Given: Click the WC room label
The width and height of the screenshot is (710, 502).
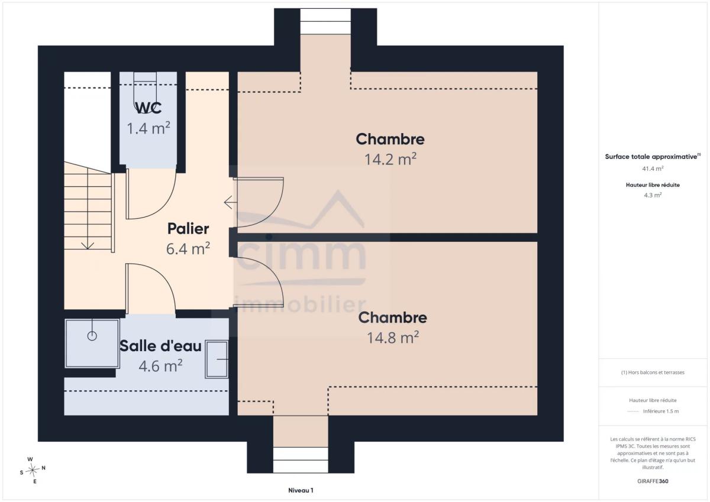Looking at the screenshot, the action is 149,108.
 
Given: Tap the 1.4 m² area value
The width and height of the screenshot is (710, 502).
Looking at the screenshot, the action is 149,128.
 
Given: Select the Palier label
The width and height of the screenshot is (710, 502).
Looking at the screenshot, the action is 188,229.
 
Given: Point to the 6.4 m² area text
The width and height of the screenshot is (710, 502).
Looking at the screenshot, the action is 188,248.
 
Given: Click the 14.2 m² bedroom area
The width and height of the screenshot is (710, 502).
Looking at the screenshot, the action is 390,159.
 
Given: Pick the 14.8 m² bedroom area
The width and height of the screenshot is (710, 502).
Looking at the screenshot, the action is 393,338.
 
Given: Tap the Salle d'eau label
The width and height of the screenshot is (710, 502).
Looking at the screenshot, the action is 160,346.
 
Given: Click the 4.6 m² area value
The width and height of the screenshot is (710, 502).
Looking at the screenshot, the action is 160,366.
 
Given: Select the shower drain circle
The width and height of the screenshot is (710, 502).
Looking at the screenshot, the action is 92,336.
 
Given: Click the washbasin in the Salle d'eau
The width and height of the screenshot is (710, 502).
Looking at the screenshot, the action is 217,359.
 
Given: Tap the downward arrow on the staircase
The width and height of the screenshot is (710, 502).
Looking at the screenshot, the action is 88,246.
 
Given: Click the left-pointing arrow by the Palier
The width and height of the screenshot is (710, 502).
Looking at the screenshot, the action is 230,202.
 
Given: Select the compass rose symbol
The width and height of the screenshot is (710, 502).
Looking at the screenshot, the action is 33,470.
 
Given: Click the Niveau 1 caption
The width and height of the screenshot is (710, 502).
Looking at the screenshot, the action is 301,490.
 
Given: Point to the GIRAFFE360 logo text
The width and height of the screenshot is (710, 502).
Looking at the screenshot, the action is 653,481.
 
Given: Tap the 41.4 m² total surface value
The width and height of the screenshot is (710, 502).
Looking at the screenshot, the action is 653,169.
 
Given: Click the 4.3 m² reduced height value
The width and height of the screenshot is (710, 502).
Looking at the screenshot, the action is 653,195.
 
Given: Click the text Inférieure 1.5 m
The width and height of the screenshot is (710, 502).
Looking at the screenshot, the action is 661,411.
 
